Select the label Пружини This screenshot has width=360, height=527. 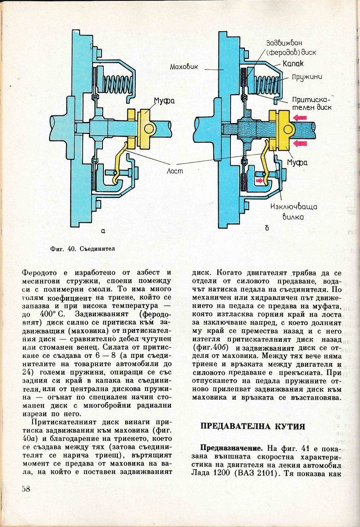pyautogui.click(x=306, y=76)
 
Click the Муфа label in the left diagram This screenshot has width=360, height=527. pyautogui.click(x=164, y=101)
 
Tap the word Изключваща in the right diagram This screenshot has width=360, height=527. pyautogui.click(x=294, y=206)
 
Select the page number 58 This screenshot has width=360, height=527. pyautogui.click(x=25, y=489)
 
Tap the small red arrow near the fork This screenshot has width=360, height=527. pyautogui.click(x=260, y=180)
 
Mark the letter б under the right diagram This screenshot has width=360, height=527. pyautogui.click(x=267, y=228)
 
